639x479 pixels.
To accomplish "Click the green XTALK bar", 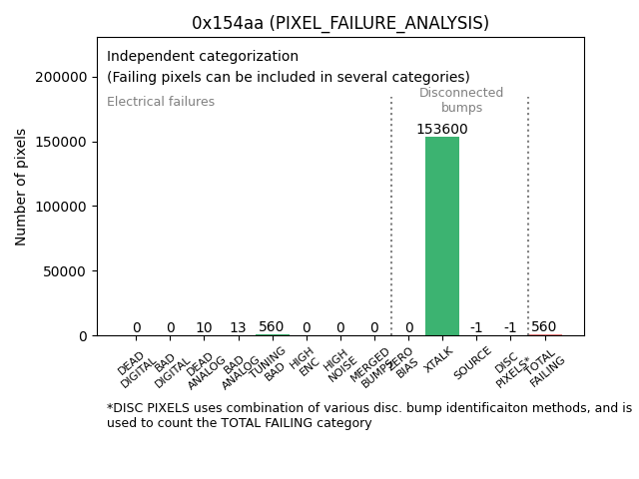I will click(442, 236).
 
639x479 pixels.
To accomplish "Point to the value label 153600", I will click(442, 130).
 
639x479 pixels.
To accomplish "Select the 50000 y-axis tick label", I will click(69, 270).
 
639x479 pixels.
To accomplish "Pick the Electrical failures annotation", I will click(161, 102).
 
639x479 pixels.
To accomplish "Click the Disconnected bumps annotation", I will click(461, 100).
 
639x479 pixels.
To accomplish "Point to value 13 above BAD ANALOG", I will click(238, 328).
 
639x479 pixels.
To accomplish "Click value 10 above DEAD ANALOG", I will click(204, 328).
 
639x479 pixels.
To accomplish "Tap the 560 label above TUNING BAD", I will click(272, 327).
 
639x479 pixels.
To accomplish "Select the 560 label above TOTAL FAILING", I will click(544, 327).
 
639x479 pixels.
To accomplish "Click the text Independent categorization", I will click(203, 57).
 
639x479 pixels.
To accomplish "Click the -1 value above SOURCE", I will click(476, 328).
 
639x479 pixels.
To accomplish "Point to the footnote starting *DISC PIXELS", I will click(368, 415).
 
